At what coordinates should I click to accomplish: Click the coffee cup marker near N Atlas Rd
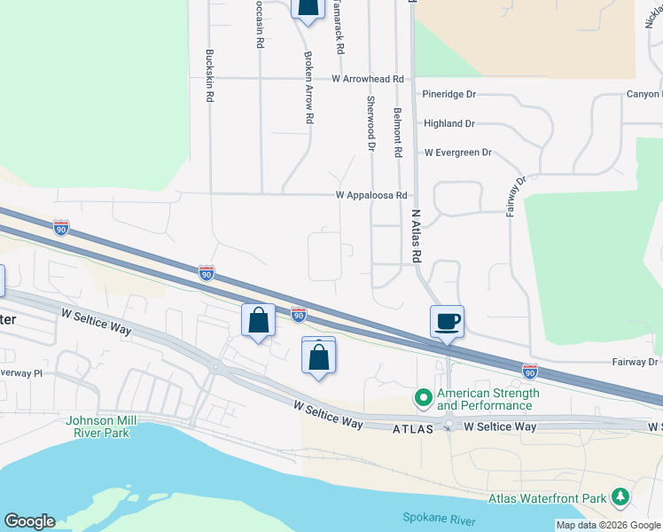pyautogui.click(x=447, y=321)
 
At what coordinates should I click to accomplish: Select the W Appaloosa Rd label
pyautogui.click(x=370, y=195)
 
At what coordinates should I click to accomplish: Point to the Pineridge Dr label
pyautogui.click(x=448, y=94)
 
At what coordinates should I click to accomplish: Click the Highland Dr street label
pyautogui.click(x=448, y=124)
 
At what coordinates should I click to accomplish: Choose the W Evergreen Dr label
pyautogui.click(x=457, y=153)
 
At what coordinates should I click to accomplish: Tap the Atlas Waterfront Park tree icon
pyautogui.click(x=622, y=497)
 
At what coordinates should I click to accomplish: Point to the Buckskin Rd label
pyautogui.click(x=210, y=76)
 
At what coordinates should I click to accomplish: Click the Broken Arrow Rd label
pyautogui.click(x=309, y=86)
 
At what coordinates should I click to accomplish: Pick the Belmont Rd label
pyautogui.click(x=398, y=133)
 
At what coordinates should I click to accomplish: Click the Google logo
pyautogui.click(x=29, y=521)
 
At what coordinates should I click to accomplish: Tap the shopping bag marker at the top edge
pyautogui.click(x=307, y=8)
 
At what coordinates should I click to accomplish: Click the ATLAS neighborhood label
pyautogui.click(x=412, y=428)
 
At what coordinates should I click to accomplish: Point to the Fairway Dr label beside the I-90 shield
pyautogui.click(x=636, y=362)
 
